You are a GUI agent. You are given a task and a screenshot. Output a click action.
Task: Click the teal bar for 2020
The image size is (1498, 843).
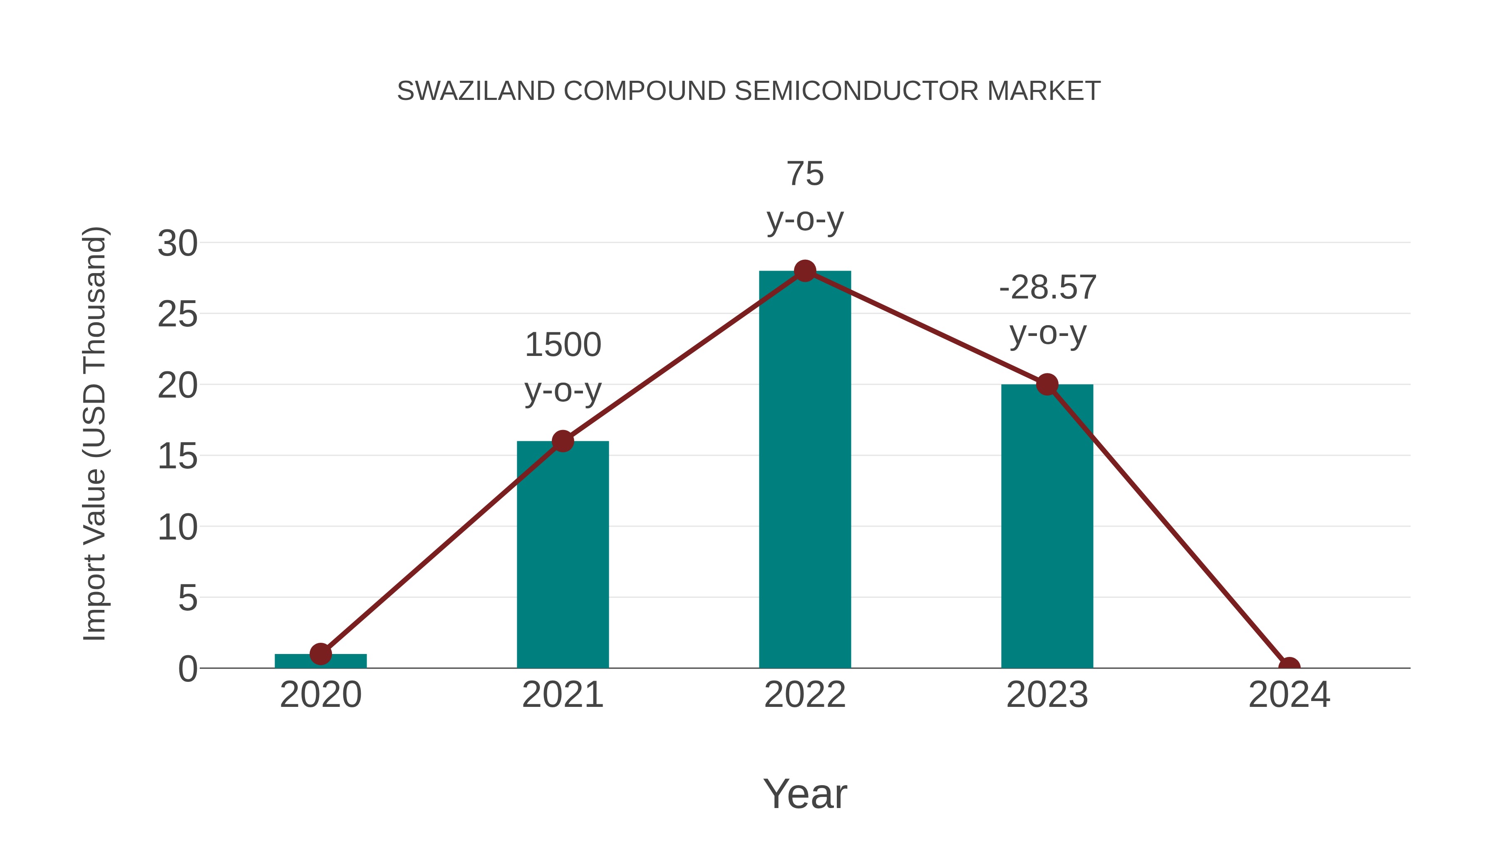pyautogui.click(x=320, y=661)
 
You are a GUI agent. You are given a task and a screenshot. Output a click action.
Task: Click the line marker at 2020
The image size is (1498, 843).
pyautogui.click(x=320, y=654)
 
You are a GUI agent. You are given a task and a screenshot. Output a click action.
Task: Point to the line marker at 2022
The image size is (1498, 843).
pyautogui.click(x=805, y=271)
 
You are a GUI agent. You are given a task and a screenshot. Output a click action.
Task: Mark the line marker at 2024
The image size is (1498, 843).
pyautogui.click(x=1289, y=667)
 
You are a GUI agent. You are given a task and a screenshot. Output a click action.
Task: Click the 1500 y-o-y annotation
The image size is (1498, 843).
pyautogui.click(x=562, y=367)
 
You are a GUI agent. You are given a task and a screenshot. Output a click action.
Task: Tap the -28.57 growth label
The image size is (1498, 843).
pyautogui.click(x=1047, y=310)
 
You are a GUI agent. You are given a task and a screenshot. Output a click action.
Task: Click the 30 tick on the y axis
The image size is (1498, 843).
pyautogui.click(x=177, y=243)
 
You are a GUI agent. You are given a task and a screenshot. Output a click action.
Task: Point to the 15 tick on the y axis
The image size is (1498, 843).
pyautogui.click(x=177, y=456)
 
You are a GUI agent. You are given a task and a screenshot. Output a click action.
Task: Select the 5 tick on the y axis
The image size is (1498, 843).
pyautogui.click(x=187, y=598)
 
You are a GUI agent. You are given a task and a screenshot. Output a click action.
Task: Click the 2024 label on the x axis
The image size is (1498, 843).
pyautogui.click(x=1289, y=695)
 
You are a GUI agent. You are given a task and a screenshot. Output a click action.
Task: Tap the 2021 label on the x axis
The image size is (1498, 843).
pyautogui.click(x=562, y=695)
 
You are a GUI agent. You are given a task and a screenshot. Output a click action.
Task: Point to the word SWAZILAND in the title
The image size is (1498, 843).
pyautogui.click(x=476, y=91)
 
